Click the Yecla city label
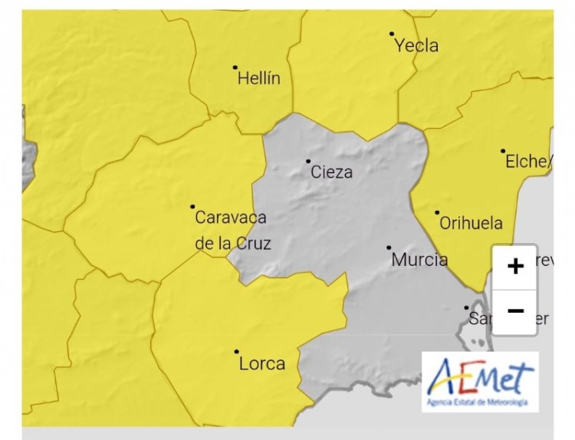pos(416,46)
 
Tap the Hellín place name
pos(259,78)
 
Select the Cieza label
pos(332,172)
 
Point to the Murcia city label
pos(419,260)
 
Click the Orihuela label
pos(471,224)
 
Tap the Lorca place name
pos(262,363)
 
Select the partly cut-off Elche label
pos(528,162)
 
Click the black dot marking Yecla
pos(392,34)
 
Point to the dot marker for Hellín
pos(235,67)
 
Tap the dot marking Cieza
pos(308,161)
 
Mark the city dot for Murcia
pos(389,248)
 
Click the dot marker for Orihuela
pos(437,212)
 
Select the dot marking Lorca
pos(236,352)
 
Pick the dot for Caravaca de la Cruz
pos(192,206)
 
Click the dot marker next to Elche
pos(503,151)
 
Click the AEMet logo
pos(480,376)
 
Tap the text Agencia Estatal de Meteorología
pos(480,402)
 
